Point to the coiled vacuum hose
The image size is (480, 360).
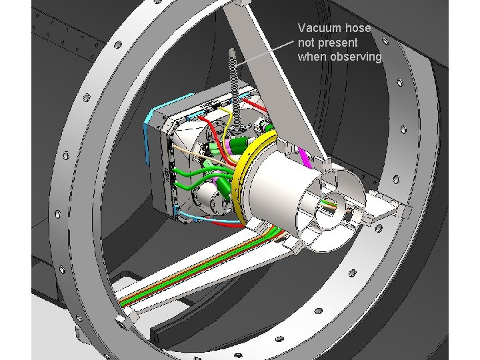click(x=235, y=92)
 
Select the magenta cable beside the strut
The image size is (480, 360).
click(x=305, y=157)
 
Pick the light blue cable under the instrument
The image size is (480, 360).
click(x=208, y=218)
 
